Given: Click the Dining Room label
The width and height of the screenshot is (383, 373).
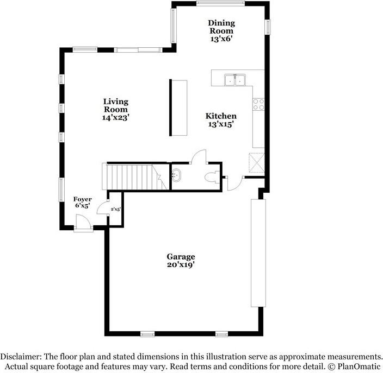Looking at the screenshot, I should tap(221, 27).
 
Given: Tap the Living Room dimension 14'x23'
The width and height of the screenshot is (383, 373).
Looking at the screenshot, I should tap(115, 117).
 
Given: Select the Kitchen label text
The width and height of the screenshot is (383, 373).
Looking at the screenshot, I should tap(221, 116).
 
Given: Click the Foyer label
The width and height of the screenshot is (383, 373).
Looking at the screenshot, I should tap(82, 199).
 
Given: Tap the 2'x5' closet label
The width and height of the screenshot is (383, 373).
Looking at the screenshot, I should tap(115, 209).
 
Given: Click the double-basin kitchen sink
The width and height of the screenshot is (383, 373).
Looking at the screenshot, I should tap(236, 80).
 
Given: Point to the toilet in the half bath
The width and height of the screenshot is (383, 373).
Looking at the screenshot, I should tap(212, 176).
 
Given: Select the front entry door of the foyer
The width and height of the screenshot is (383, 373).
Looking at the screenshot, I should tap(83, 223).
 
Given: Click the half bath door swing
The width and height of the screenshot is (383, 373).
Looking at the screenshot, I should tap(199, 156).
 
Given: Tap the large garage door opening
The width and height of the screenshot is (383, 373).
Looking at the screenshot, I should tap(258, 253).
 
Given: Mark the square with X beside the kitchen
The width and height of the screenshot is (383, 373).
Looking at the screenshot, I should tap(257, 162).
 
